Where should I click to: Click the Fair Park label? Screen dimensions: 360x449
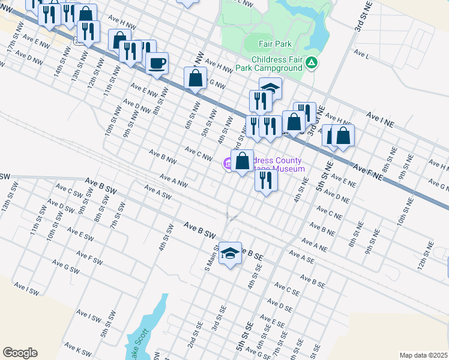click(275, 44)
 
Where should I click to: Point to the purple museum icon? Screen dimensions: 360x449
click(227, 162)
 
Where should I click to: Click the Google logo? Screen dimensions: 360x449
click(20, 353)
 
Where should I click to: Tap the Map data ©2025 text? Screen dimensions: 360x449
click(423, 355)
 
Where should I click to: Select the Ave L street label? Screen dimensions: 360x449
click(361, 54)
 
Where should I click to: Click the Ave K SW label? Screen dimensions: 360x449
click(77, 347)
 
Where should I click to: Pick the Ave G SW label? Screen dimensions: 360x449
click(65, 266)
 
